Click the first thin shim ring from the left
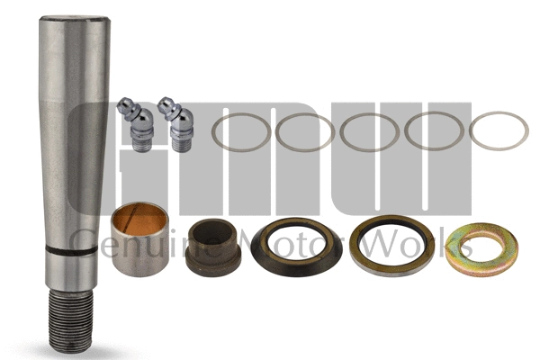coord(240,132)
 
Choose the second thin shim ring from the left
coord(305,132)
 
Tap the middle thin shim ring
coord(370,132)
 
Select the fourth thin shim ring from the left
coord(434,132)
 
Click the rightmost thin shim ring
coord(499,132)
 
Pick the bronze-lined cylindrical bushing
coord(138,238)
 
